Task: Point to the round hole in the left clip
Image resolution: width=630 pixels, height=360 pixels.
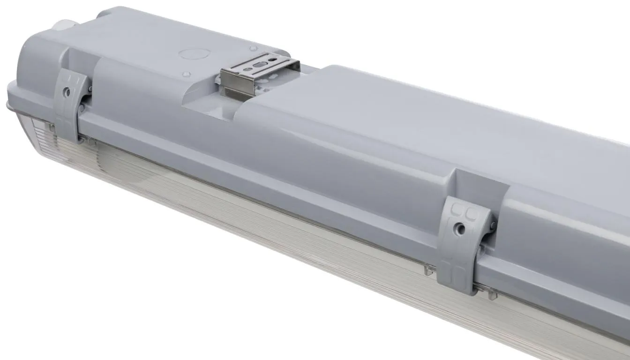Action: point(67,92)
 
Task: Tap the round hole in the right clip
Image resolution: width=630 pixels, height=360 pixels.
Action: point(462,228)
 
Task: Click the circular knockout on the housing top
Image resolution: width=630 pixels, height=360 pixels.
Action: point(192,53)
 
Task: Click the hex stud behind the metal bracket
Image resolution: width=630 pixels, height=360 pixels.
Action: point(253,48)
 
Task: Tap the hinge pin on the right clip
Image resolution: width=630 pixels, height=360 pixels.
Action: point(492,225)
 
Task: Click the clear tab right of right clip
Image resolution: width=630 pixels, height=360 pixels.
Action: point(490,294)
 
